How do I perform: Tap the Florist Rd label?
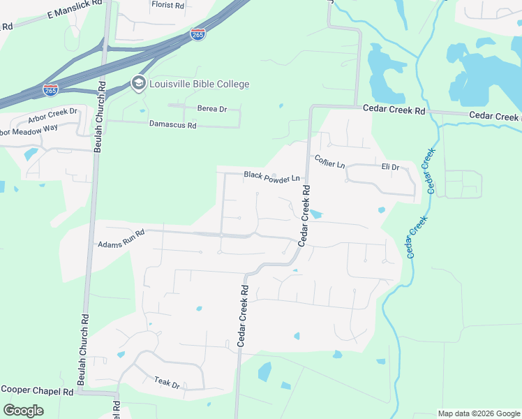167,4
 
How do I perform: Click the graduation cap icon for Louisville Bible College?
138,84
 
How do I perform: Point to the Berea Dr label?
212,109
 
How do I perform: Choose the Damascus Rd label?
173,125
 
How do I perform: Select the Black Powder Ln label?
271,176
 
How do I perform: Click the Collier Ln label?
329,161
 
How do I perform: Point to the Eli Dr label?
390,168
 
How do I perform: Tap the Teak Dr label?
167,382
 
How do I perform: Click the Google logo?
23,411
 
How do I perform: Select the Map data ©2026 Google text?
479,413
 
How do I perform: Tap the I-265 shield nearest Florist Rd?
197,34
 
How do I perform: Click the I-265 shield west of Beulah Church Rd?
50,90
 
